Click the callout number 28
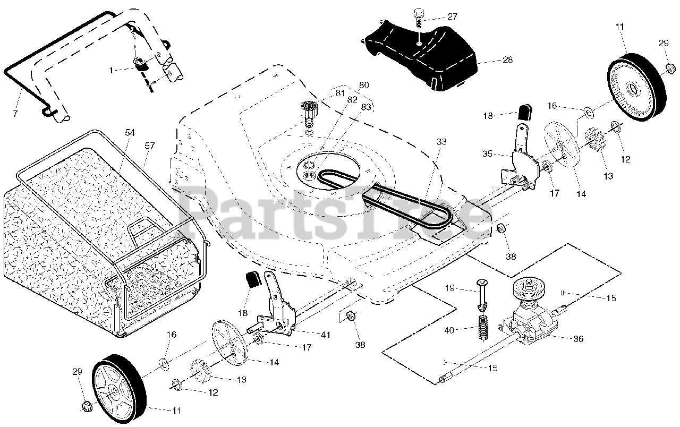coord(507,59)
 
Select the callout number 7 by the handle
coord(15,114)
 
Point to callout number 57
coord(149,144)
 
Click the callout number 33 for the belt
coord(441,142)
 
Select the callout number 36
coord(578,338)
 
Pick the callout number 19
coord(449,288)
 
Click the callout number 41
coord(325,335)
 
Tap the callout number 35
coord(487,154)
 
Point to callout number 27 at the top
coord(452,16)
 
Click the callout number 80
coord(363,85)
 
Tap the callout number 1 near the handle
coord(111,70)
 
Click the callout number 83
coord(366,107)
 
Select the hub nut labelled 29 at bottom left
coord(85,407)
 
